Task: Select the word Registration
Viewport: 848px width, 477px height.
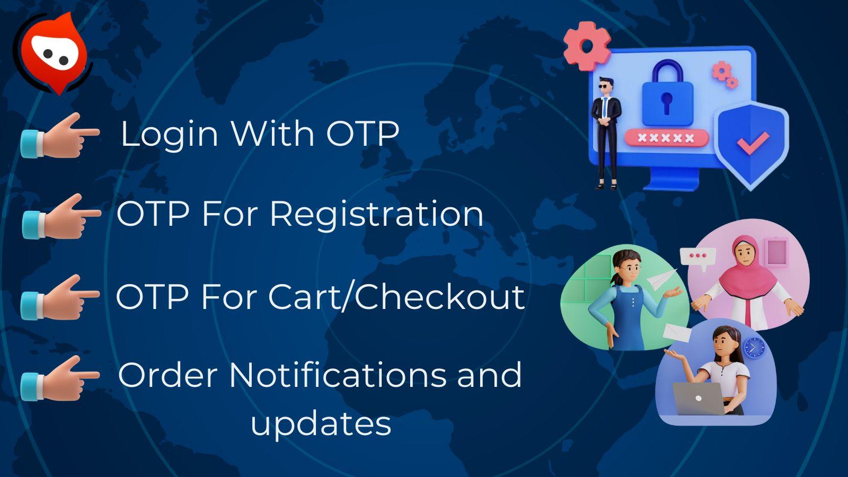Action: tap(376, 214)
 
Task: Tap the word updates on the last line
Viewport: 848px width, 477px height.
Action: tap(321, 423)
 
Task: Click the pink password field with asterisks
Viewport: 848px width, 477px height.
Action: tap(666, 138)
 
